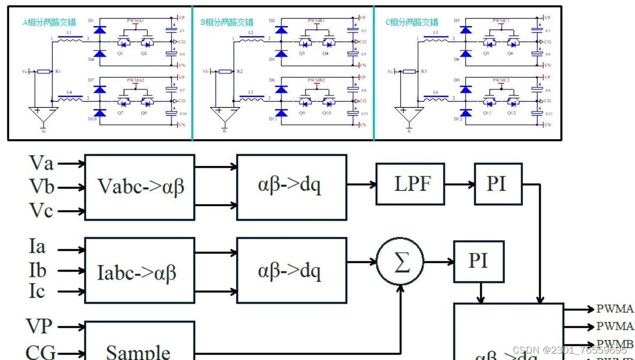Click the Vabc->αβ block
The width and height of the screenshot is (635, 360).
pyautogui.click(x=139, y=187)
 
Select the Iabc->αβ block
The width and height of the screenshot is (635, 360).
pyautogui.click(x=139, y=271)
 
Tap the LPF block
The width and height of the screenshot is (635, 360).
pyautogui.click(x=410, y=184)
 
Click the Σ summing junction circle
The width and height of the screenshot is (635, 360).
pyautogui.click(x=400, y=262)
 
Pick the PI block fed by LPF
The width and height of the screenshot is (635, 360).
pyautogui.click(x=498, y=184)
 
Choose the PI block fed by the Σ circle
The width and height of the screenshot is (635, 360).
pyautogui.click(x=479, y=261)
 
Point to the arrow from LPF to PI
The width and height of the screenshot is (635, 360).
pyautogui.click(x=459, y=184)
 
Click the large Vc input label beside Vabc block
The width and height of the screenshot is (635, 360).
pyautogui.click(x=41, y=211)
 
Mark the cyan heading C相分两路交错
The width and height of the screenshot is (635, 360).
pyautogui.click(x=412, y=22)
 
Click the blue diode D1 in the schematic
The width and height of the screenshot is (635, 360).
pyautogui.click(x=99, y=30)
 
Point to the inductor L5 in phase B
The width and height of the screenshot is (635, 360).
pyautogui.click(x=251, y=98)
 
